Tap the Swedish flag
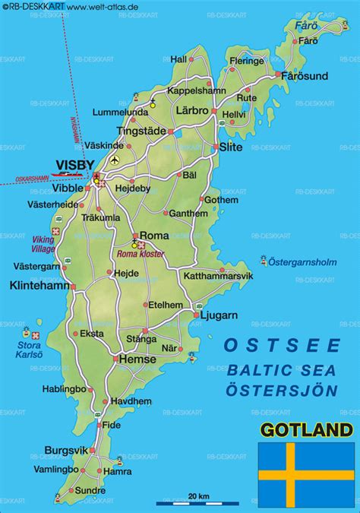click(x=306, y=473)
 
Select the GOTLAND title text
click(x=305, y=431)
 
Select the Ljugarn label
click(x=219, y=314)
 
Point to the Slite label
click(x=230, y=147)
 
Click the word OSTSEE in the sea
click(x=281, y=346)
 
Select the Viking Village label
click(x=43, y=244)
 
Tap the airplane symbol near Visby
click(x=115, y=160)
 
